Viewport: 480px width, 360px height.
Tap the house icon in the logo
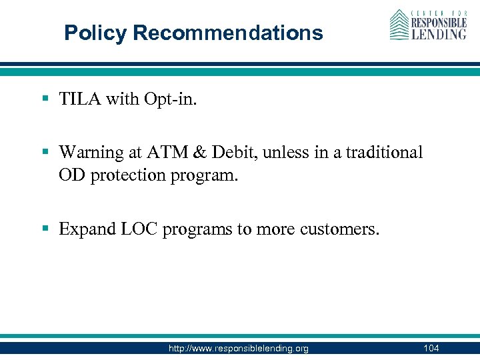(x=399, y=25)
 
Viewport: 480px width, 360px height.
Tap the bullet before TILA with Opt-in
(x=45, y=99)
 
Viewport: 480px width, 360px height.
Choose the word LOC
(x=137, y=229)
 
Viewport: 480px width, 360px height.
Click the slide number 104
(x=430, y=348)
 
